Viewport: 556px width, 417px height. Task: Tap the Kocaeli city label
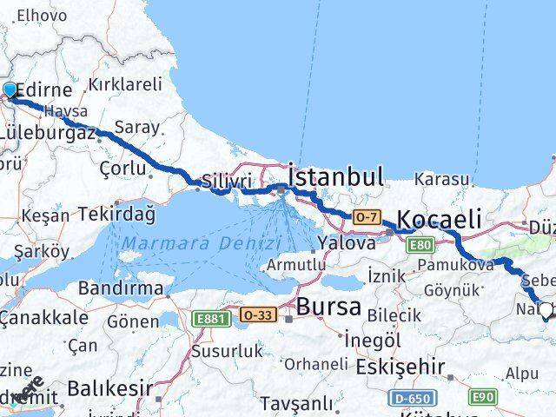point(439,219)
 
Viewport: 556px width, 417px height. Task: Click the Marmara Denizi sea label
point(202,244)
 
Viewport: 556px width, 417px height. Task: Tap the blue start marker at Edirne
point(10,89)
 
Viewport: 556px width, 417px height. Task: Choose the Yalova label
point(347,242)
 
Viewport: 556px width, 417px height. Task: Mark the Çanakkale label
point(42,317)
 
